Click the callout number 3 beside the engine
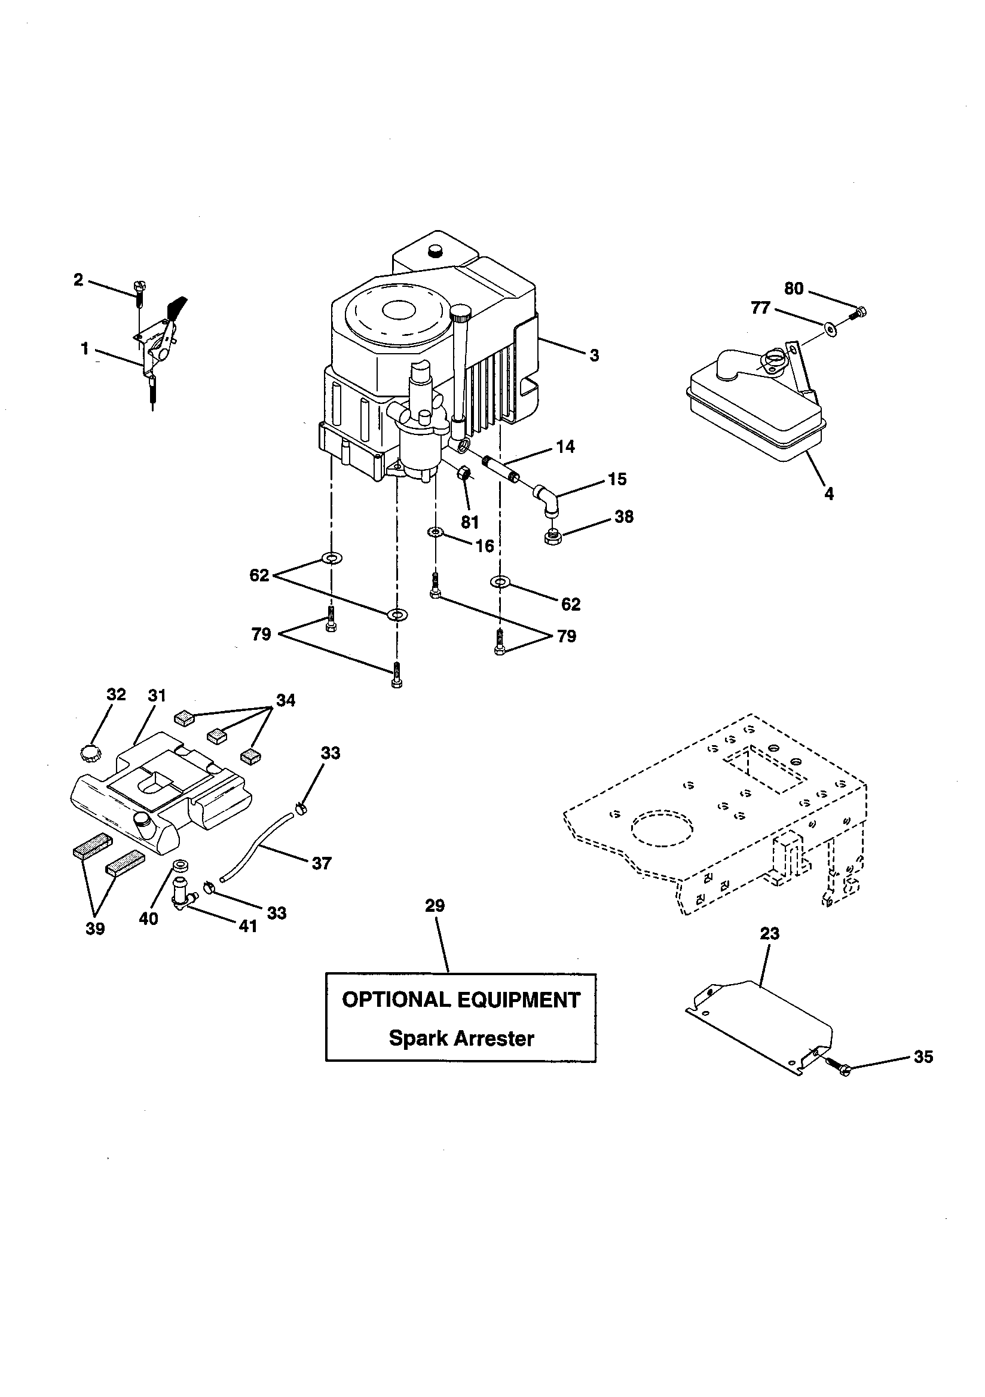coord(594,356)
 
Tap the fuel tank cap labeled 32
coord(89,751)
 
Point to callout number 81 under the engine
coord(469,522)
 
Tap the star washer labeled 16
coord(436,532)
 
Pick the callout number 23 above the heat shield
coord(769,933)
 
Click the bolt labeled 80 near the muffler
coord(859,313)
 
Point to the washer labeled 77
coord(831,329)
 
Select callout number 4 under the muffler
coord(828,494)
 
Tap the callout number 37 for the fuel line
coord(321,863)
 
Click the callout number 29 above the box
coord(435,906)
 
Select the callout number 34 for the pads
coord(286,700)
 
